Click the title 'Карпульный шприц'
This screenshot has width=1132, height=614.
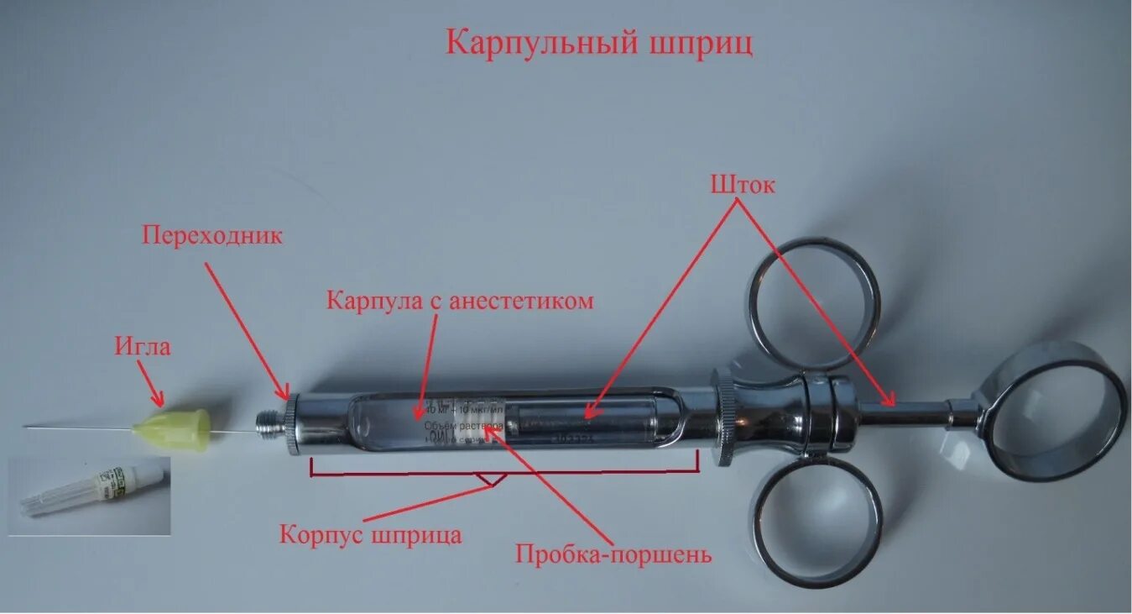(598, 43)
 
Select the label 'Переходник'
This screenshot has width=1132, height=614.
(212, 235)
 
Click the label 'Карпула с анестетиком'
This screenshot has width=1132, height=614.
(460, 301)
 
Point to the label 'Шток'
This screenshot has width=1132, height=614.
(743, 185)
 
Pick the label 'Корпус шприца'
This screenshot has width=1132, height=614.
(370, 534)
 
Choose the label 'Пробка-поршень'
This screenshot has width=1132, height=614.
(613, 554)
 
